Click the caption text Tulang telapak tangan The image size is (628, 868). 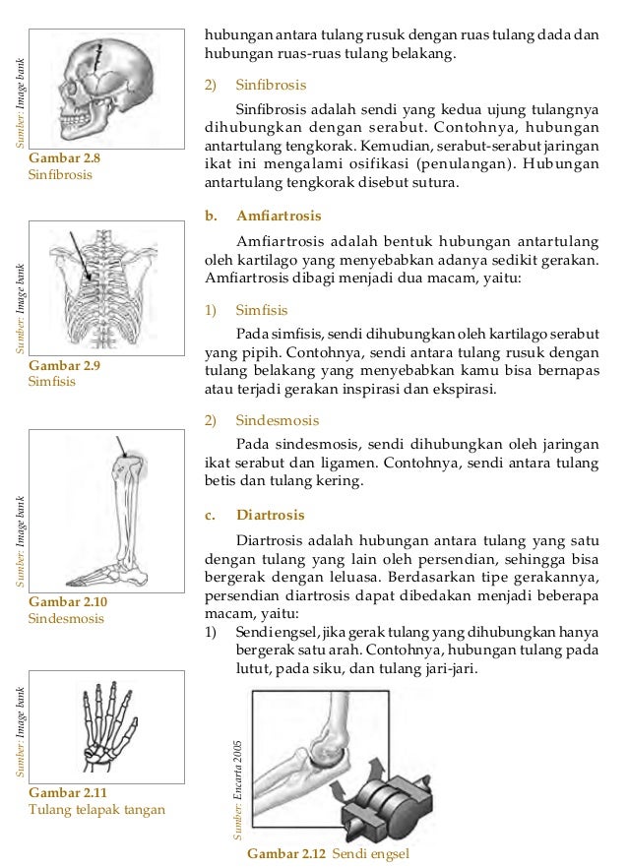tap(97, 810)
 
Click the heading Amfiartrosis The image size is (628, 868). tap(279, 215)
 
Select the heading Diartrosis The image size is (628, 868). tap(271, 515)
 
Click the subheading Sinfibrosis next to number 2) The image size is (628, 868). tap(271, 85)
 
